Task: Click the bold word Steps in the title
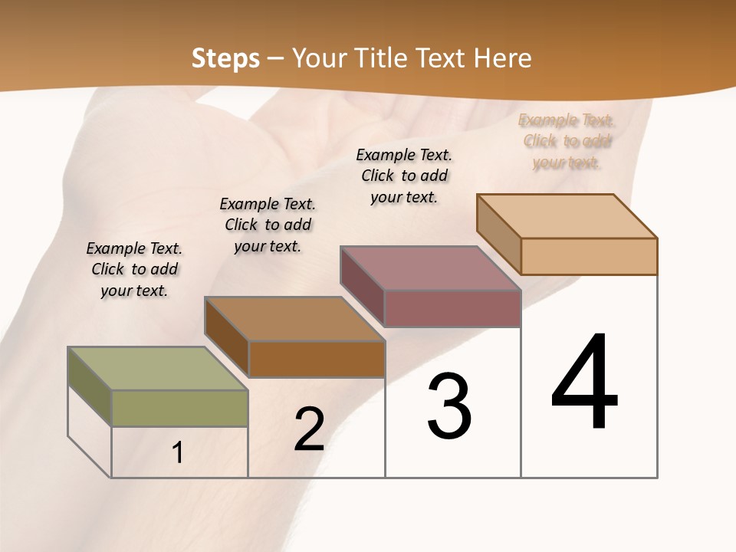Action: click(225, 58)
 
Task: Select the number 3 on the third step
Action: click(449, 406)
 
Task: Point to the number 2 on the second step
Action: click(310, 429)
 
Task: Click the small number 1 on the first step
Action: click(178, 453)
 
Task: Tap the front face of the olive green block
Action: click(179, 408)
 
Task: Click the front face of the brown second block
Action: click(317, 359)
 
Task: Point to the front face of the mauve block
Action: click(452, 308)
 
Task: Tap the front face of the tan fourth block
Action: click(589, 256)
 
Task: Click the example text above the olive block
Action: click(134, 269)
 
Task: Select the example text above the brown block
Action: click(268, 225)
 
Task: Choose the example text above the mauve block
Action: click(404, 176)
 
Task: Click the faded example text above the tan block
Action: click(566, 141)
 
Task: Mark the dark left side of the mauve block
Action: click(362, 285)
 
